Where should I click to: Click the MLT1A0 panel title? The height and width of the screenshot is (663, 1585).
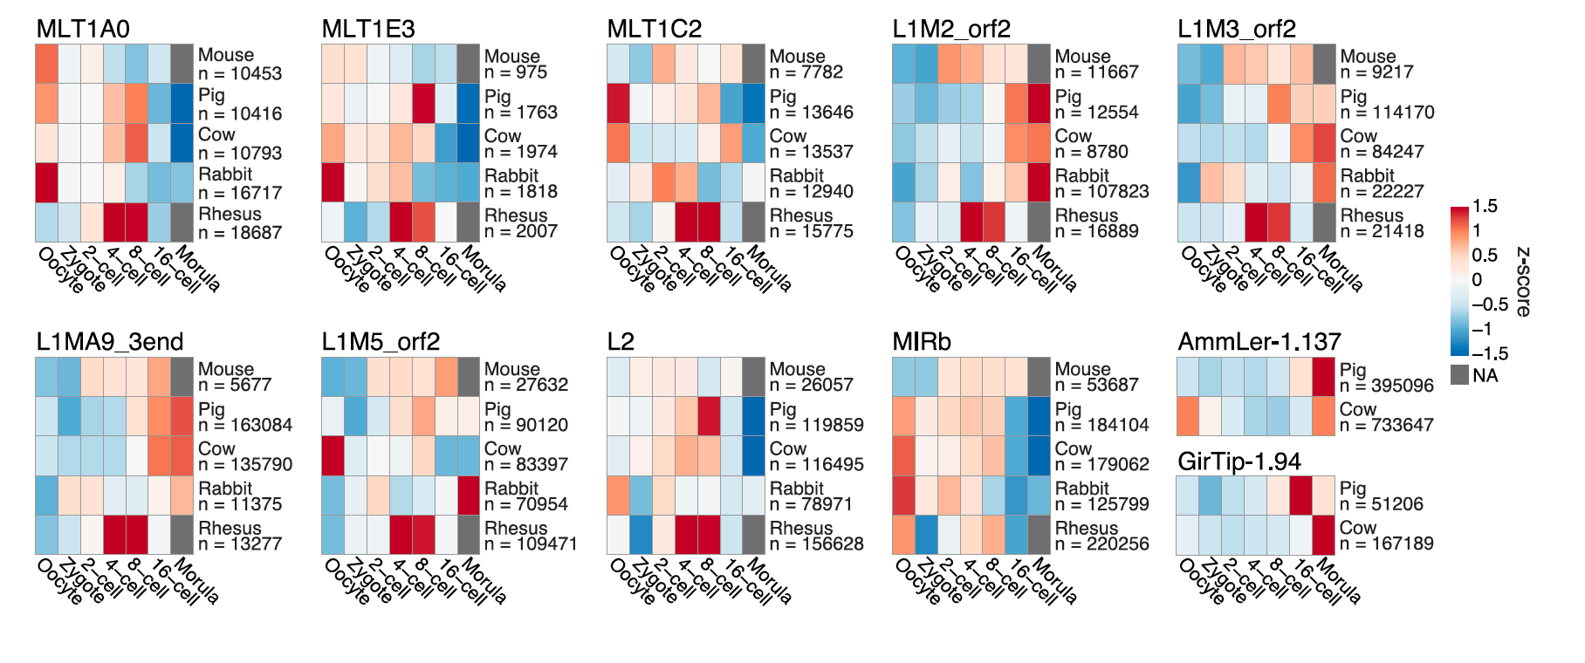(x=83, y=29)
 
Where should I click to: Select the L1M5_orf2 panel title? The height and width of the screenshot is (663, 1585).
(x=381, y=342)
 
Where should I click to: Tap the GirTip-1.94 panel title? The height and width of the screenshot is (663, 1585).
(x=1238, y=461)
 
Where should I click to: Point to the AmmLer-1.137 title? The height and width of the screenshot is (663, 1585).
(x=1246, y=342)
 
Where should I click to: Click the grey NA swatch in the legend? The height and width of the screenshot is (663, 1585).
(x=1459, y=375)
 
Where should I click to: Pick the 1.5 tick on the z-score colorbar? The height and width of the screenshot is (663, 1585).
(x=1485, y=207)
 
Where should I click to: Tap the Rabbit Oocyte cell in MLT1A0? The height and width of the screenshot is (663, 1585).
(x=47, y=182)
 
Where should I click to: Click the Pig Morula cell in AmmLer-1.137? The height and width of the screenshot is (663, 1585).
(x=1324, y=377)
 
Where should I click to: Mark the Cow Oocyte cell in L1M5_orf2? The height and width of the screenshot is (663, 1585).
(x=333, y=455)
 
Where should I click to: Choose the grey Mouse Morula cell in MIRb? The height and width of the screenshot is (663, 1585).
(x=1039, y=377)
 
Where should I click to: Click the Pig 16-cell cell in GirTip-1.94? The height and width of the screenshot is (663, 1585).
(x=1301, y=496)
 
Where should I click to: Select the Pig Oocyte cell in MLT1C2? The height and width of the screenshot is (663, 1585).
(x=618, y=103)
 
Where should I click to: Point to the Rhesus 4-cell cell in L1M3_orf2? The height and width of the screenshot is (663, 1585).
(x=1256, y=222)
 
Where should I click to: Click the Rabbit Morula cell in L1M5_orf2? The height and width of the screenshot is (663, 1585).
(x=469, y=496)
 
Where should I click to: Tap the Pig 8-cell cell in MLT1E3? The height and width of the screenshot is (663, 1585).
(x=423, y=103)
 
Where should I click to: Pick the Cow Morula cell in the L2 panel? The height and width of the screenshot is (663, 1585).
(x=754, y=455)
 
